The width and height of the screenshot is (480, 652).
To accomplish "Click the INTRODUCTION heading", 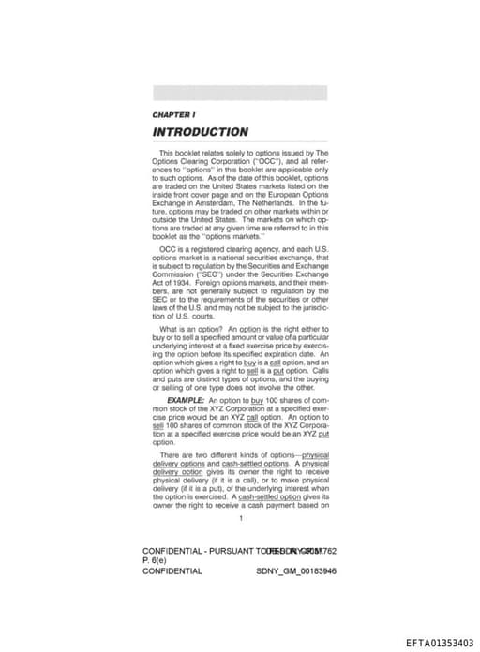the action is click(x=200, y=132).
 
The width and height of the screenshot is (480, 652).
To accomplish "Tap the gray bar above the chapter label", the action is click(x=240, y=93).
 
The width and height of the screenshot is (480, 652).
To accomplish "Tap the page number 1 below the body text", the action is click(x=241, y=517).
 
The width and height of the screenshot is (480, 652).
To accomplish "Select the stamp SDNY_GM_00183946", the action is click(x=295, y=570).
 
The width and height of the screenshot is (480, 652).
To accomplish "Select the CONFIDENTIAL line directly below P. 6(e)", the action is click(x=172, y=570).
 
